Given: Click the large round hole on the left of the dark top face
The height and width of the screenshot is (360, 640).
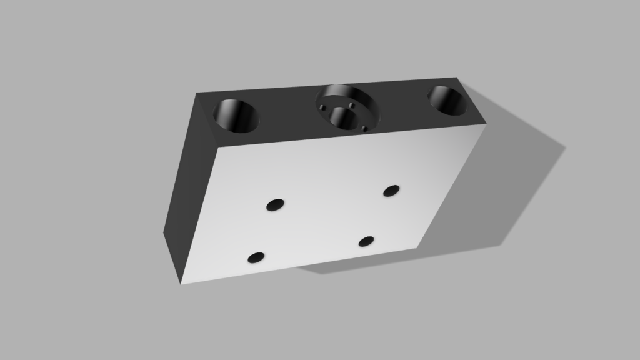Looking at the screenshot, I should (236, 116).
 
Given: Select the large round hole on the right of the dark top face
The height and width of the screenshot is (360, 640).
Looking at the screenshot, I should (448, 100).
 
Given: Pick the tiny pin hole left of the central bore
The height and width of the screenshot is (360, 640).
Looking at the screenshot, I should (322, 107).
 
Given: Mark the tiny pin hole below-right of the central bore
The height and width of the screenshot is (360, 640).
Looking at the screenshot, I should (364, 129).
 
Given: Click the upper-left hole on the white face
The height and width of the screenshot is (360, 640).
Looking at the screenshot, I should (275, 204).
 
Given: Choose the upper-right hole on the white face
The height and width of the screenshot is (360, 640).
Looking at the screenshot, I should (391, 191).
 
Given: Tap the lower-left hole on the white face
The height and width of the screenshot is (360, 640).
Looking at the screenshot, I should (256, 257).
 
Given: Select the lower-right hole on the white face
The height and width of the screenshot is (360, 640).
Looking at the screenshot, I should (366, 241).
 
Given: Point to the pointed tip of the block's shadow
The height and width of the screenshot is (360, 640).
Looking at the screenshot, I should (564, 147).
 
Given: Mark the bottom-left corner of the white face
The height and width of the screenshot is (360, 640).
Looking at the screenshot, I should (182, 284).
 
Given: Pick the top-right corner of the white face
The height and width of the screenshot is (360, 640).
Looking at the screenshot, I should (486, 123).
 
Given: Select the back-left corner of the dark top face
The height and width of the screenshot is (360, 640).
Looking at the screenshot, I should (197, 94).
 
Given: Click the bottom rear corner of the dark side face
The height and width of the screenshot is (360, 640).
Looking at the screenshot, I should (164, 232).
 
